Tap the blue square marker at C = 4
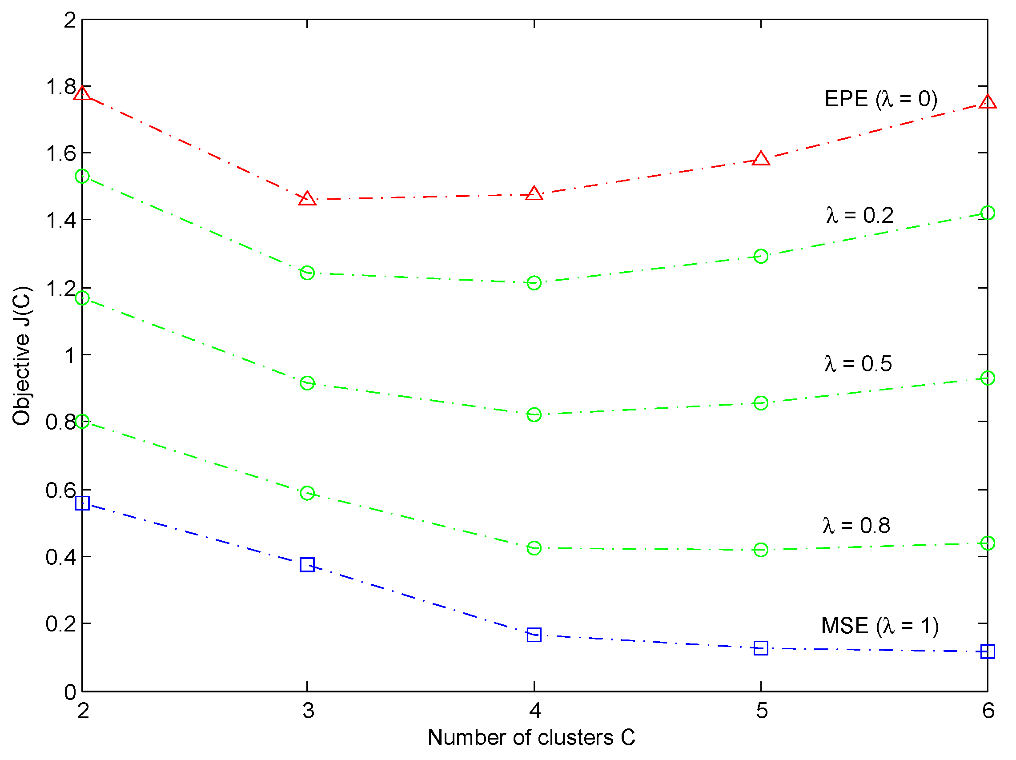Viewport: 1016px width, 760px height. pyautogui.click(x=534, y=635)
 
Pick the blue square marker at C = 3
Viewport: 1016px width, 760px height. pyautogui.click(x=307, y=565)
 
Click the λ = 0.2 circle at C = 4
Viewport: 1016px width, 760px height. pyautogui.click(x=534, y=282)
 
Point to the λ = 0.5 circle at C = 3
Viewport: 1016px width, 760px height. pyautogui.click(x=307, y=383)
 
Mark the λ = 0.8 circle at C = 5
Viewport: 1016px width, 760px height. pyautogui.click(x=761, y=550)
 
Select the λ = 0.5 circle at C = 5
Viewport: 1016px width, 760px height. pyautogui.click(x=761, y=403)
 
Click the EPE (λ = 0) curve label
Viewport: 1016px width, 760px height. pyautogui.click(x=880, y=99)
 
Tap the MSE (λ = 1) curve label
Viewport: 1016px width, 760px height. pyautogui.click(x=879, y=626)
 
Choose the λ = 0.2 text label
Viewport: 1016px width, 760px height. pyautogui.click(x=859, y=216)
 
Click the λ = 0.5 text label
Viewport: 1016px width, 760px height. pyautogui.click(x=858, y=363)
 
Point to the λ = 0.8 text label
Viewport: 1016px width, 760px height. pyautogui.click(x=856, y=525)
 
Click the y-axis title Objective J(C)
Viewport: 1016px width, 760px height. pyautogui.click(x=22, y=356)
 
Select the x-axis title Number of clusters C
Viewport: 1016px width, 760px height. pyautogui.click(x=531, y=737)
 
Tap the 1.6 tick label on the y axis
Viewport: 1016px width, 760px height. pyautogui.click(x=60, y=153)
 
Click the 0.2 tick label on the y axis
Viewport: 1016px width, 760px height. pyautogui.click(x=60, y=624)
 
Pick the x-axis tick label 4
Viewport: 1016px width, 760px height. pyautogui.click(x=534, y=711)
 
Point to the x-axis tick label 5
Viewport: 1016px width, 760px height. pyautogui.click(x=762, y=711)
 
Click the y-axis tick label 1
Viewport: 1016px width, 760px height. pyautogui.click(x=70, y=355)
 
